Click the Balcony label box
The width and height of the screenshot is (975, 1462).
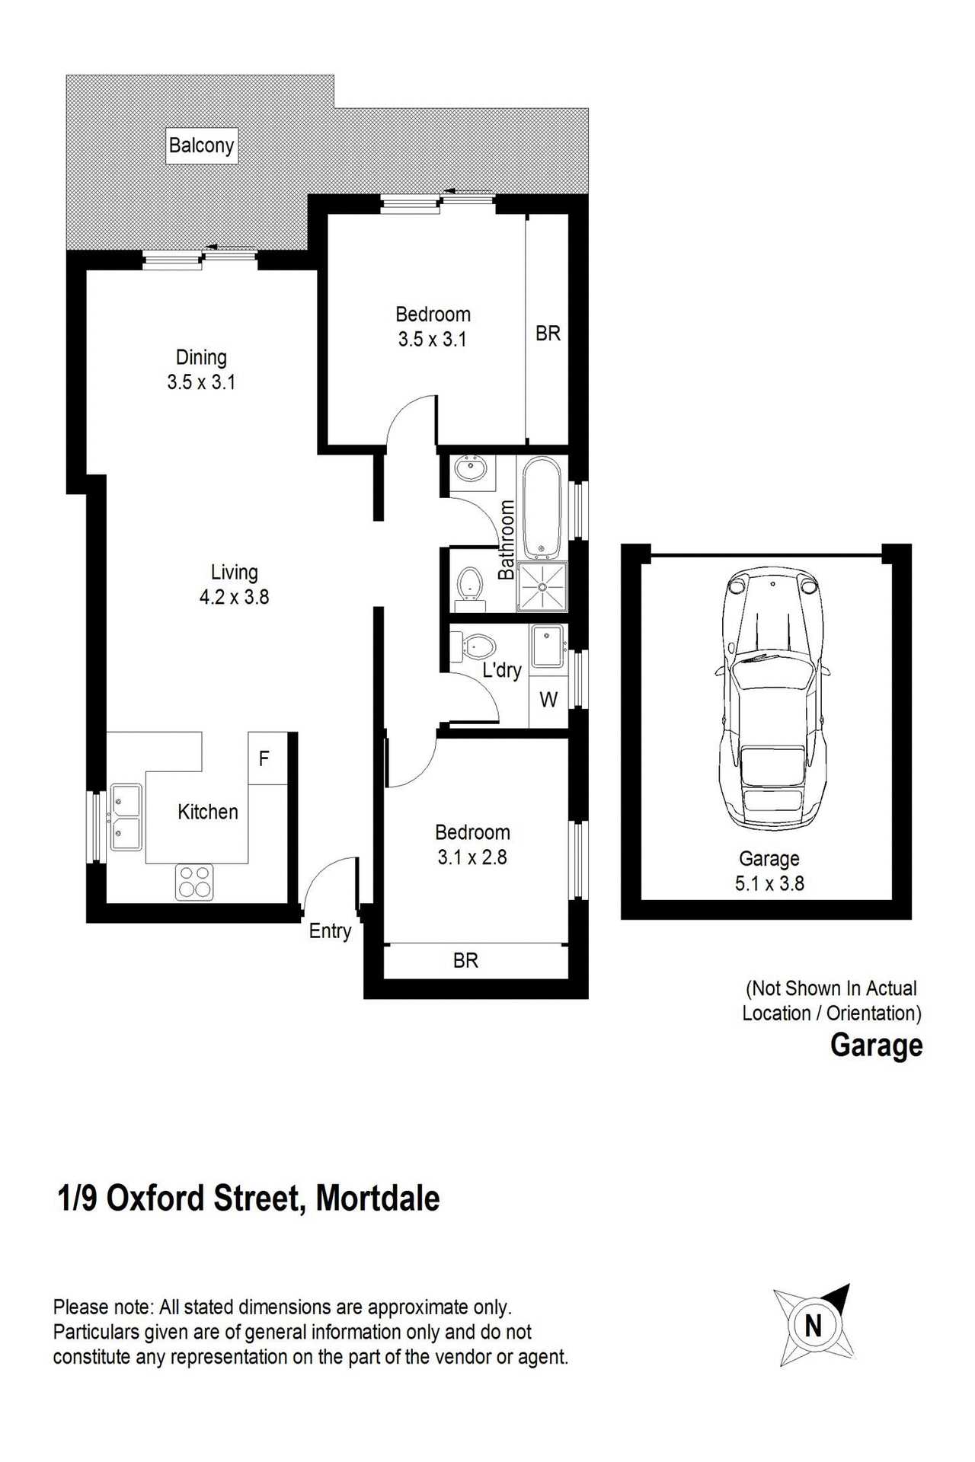click(201, 145)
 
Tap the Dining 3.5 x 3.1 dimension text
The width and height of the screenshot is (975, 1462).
click(201, 382)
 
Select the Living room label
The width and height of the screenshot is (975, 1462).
click(234, 573)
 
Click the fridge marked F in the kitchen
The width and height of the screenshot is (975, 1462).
click(264, 758)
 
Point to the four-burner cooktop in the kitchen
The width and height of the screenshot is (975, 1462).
click(194, 883)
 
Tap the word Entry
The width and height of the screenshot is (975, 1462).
click(330, 931)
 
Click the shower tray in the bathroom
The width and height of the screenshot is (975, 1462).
click(542, 587)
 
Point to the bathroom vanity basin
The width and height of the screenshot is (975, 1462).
click(470, 469)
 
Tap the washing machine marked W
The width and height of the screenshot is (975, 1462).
click(548, 700)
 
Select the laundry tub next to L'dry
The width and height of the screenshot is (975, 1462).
click(547, 646)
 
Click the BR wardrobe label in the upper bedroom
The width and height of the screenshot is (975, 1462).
click(548, 333)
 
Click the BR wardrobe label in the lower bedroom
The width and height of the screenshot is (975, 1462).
click(465, 960)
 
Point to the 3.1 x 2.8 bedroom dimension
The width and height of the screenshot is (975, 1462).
click(472, 857)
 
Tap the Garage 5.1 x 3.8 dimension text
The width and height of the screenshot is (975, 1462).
click(769, 883)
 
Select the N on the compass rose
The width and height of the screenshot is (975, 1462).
click(814, 1326)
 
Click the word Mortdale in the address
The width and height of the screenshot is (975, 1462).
click(377, 1198)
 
